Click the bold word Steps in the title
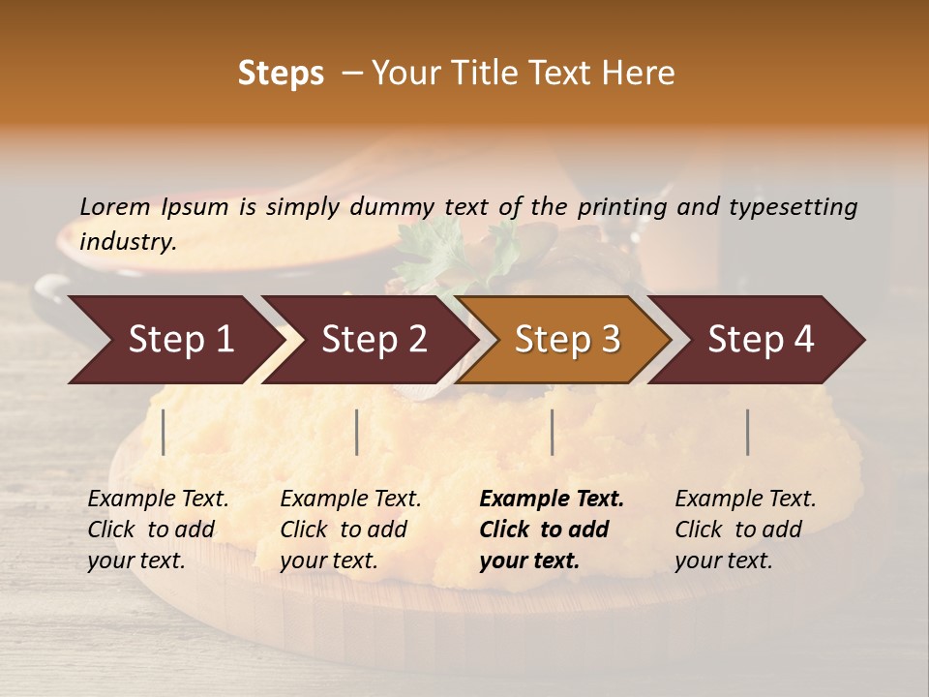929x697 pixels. coord(281,74)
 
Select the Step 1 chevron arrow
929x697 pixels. coord(174,340)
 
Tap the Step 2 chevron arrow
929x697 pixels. coord(373,340)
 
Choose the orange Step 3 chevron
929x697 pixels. coord(566,340)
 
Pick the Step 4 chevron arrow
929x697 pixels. coord(760,340)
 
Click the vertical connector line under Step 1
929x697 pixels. coord(164,432)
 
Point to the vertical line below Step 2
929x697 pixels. coord(357,432)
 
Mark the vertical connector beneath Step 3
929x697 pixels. coord(553,432)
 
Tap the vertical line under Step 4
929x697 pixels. coord(748,432)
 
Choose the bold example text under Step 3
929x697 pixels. coord(551,530)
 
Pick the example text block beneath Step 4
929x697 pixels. coord(745,530)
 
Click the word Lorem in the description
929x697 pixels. coord(114,206)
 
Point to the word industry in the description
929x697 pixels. coord(127,242)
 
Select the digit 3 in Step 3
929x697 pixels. coord(610,340)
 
